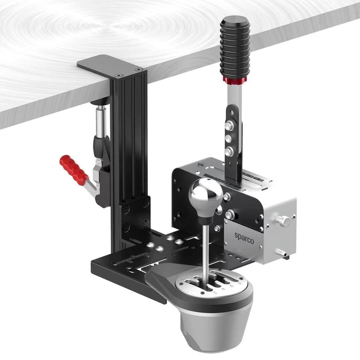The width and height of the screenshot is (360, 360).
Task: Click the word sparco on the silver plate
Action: pyautogui.click(x=244, y=238)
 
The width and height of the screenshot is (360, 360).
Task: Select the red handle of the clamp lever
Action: pyautogui.click(x=74, y=169)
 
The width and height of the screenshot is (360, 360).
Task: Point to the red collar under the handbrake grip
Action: pyautogui.click(x=235, y=80)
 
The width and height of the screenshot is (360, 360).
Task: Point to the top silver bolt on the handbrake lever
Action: pyautogui.click(x=228, y=126)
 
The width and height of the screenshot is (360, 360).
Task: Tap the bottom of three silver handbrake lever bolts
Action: pyautogui.click(x=228, y=152)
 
